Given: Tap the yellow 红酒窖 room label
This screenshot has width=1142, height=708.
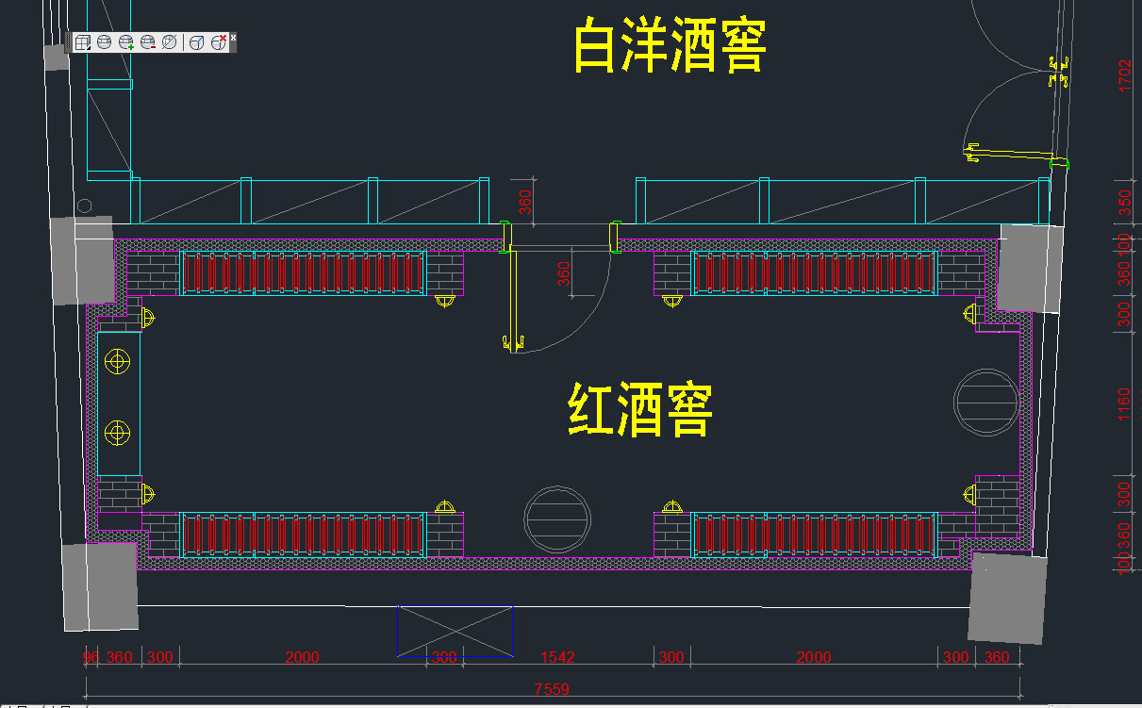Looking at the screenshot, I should pyautogui.click(x=640, y=409).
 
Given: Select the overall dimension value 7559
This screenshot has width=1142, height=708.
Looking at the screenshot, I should pyautogui.click(x=552, y=689).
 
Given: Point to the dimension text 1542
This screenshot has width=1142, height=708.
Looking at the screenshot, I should pyautogui.click(x=557, y=657).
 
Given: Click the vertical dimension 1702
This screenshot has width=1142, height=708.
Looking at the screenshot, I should pyautogui.click(x=1124, y=75).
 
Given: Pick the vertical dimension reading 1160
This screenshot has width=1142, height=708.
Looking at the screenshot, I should pyautogui.click(x=1124, y=403).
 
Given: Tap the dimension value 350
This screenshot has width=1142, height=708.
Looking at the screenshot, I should pyautogui.click(x=1124, y=203).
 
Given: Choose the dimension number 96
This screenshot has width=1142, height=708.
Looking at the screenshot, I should pyautogui.click(x=91, y=657).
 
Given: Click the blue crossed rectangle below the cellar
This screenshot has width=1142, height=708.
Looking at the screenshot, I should pyautogui.click(x=455, y=631).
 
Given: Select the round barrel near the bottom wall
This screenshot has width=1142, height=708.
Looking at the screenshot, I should pyautogui.click(x=558, y=519).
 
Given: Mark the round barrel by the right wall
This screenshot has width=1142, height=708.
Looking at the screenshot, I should pyautogui.click(x=986, y=402).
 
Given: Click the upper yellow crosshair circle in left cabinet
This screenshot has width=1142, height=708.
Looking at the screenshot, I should pyautogui.click(x=117, y=361).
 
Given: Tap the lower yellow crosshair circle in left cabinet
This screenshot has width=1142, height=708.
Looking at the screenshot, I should pyautogui.click(x=117, y=433).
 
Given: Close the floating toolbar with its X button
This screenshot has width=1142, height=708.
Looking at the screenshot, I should pyautogui.click(x=234, y=37).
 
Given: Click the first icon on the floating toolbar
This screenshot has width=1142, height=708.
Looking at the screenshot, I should pyautogui.click(x=83, y=42).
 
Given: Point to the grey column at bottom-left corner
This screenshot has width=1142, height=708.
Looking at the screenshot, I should pyautogui.click(x=100, y=586).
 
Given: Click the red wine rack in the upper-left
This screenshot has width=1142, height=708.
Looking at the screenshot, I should pyautogui.click(x=302, y=273).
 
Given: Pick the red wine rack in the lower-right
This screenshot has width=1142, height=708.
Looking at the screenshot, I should pyautogui.click(x=814, y=535).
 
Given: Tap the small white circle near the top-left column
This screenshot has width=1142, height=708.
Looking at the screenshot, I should pyautogui.click(x=85, y=206).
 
